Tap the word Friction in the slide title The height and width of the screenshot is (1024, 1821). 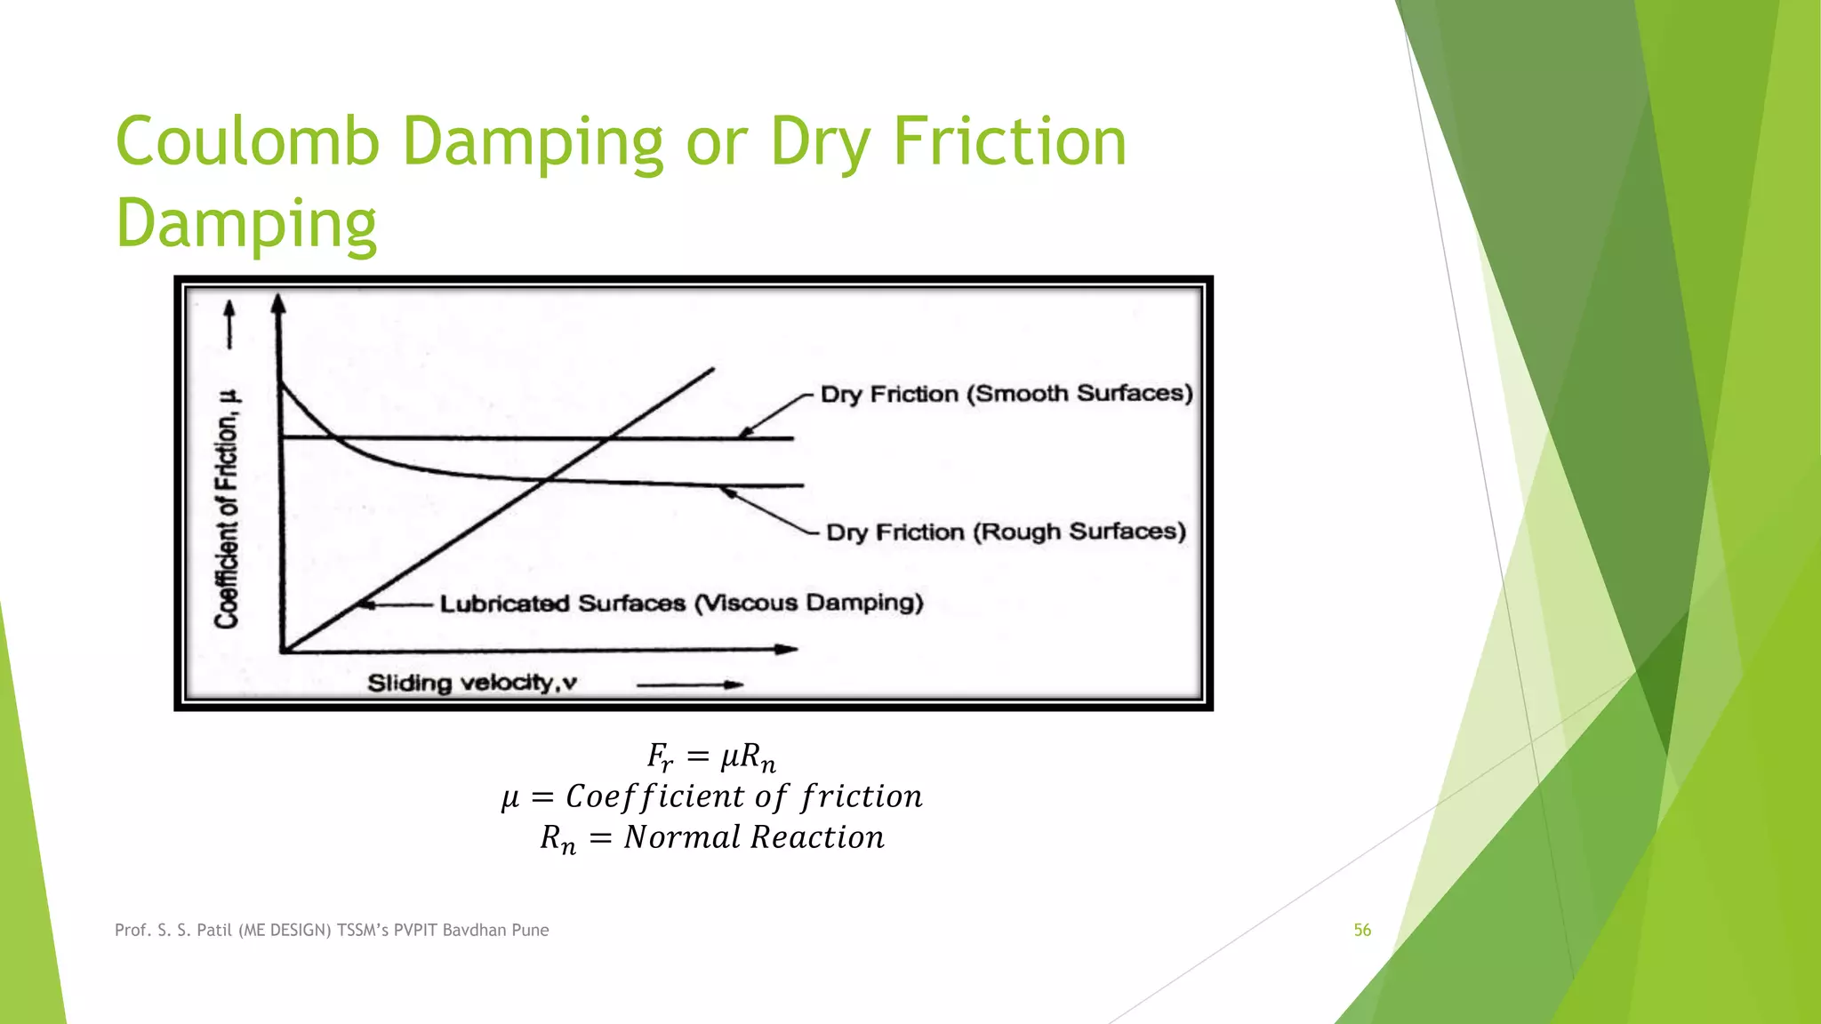click(1009, 142)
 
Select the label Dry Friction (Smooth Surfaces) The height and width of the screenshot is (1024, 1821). click(1006, 394)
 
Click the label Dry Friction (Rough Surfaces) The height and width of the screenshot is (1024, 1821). click(1006, 532)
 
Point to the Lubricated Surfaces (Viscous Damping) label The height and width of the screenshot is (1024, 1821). click(681, 604)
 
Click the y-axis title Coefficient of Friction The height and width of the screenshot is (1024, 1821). click(228, 508)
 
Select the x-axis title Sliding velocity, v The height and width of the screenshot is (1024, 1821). click(472, 683)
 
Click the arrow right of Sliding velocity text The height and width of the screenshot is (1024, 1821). click(690, 684)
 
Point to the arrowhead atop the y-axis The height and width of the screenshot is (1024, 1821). click(278, 305)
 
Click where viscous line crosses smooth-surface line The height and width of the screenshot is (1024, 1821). click(610, 438)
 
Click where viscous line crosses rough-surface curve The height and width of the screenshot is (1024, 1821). click(545, 480)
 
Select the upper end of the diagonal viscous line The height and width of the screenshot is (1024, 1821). click(712, 369)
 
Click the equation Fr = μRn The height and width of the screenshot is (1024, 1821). click(711, 757)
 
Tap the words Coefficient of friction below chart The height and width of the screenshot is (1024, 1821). click(744, 796)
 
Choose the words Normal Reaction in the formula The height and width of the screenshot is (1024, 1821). click(754, 837)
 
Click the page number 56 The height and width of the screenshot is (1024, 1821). click(1362, 930)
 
